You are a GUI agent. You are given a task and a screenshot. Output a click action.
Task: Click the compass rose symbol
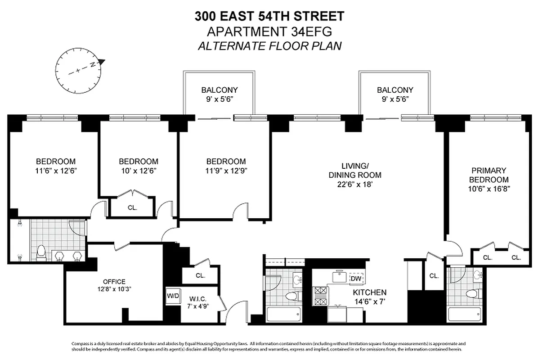pyautogui.click(x=78, y=70)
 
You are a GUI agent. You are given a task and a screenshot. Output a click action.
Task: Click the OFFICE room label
pyautogui.click(x=114, y=282)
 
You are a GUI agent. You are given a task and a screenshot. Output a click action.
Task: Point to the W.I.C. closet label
pyautogui.click(x=197, y=299)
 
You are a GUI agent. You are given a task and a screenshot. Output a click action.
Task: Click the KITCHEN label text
pyautogui.click(x=370, y=292)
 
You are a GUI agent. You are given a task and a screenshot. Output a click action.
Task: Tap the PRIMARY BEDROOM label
pyautogui.click(x=489, y=175)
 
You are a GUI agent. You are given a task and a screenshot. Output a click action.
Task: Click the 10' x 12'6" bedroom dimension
pyautogui.click(x=139, y=171)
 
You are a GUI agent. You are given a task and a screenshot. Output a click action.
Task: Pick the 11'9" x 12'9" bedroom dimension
pyautogui.click(x=226, y=171)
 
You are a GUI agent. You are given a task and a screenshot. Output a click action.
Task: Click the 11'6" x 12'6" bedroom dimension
pyautogui.click(x=56, y=171)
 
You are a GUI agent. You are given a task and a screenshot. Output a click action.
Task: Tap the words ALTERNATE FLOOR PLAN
pyautogui.click(x=269, y=45)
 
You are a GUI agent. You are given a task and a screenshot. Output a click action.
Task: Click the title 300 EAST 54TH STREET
pyautogui.click(x=269, y=17)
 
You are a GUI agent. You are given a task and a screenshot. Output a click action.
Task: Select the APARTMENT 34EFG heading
pyautogui.click(x=269, y=31)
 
